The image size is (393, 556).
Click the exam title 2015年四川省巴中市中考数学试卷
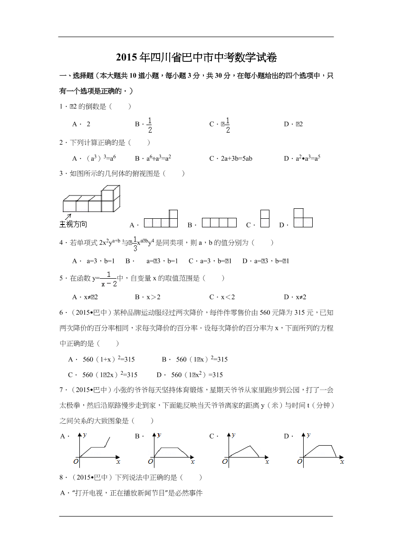[x=196, y=58]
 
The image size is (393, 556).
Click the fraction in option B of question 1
[x=149, y=124]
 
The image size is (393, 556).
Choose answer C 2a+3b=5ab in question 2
[x=233, y=158]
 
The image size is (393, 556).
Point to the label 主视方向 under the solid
[x=73, y=224]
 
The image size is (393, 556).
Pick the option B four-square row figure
[x=219, y=222]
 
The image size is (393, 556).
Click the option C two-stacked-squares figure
[x=265, y=219]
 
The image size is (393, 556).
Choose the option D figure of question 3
[x=303, y=218]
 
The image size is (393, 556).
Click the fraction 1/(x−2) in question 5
[x=108, y=279]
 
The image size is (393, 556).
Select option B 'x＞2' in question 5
[x=152, y=297]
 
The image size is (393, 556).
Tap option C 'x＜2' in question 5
[x=226, y=297]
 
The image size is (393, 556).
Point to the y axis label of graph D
[x=308, y=435]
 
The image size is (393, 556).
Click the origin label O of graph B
[x=150, y=461]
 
